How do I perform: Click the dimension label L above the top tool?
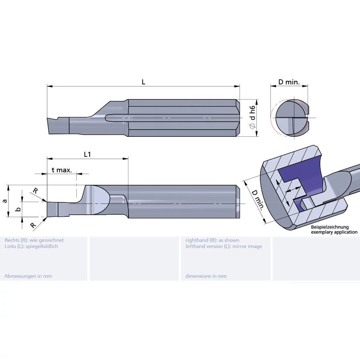(143, 82)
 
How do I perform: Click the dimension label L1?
(87, 154)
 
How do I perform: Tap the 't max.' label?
(62, 170)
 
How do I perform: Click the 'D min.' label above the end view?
(289, 82)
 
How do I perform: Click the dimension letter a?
(4, 201)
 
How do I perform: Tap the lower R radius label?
(33, 225)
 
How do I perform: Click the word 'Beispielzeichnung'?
(330, 227)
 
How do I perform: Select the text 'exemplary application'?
(334, 232)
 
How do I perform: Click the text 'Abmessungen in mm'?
(28, 276)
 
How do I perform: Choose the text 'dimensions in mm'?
(206, 276)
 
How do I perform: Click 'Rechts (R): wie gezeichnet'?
(34, 240)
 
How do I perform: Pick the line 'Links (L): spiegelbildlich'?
(31, 246)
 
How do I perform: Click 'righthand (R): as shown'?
(212, 240)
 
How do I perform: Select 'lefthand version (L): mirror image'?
(224, 246)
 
